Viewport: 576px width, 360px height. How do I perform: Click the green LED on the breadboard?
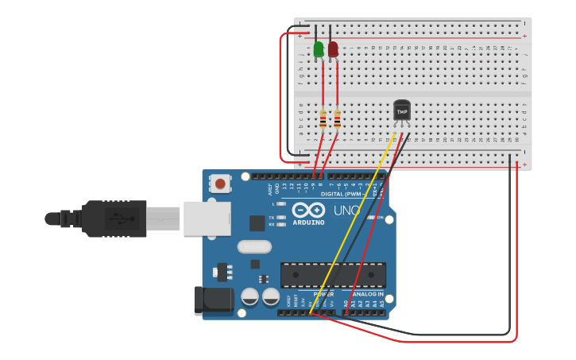[319, 49]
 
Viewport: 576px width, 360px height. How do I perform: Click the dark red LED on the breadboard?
[333, 49]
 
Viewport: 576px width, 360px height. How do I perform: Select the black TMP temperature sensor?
[402, 112]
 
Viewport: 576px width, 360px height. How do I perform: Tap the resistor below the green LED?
[323, 119]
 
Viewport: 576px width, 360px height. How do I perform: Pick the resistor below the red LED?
[337, 119]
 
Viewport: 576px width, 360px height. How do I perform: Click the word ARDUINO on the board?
[308, 223]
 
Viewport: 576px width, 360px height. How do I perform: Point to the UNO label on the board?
[348, 211]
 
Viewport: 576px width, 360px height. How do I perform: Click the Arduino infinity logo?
[308, 210]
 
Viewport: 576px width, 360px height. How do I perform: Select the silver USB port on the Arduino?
[207, 219]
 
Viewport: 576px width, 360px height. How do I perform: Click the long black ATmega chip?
[333, 275]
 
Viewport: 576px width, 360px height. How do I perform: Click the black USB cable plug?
[111, 219]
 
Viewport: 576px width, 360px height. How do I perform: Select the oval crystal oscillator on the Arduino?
[254, 247]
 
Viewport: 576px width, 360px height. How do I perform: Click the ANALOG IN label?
[364, 294]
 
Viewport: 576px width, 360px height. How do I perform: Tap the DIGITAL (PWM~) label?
[342, 194]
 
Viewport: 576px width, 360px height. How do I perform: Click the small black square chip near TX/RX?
[257, 223]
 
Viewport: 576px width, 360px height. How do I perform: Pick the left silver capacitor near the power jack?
[249, 297]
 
